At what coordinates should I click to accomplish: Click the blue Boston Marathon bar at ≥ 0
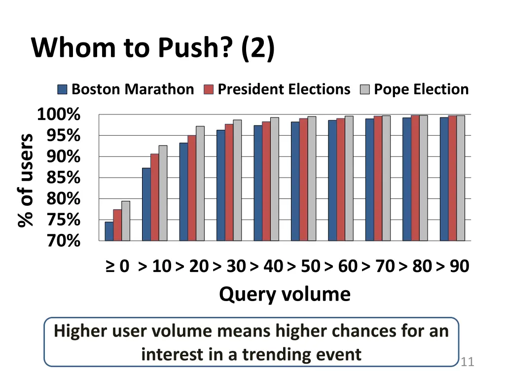click(x=109, y=231)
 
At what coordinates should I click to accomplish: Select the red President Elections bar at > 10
click(x=154, y=197)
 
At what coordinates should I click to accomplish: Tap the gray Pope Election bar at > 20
click(x=200, y=184)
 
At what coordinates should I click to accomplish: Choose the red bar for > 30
click(x=229, y=182)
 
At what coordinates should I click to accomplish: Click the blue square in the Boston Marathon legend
click(x=63, y=89)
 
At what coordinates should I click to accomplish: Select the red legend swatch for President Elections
click(x=209, y=89)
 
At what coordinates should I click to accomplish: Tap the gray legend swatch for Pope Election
click(x=365, y=89)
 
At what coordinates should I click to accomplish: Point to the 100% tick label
click(x=59, y=115)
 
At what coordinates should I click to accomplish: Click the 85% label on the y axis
click(x=63, y=178)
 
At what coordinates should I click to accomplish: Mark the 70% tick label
click(x=63, y=241)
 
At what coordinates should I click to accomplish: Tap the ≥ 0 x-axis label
click(x=117, y=266)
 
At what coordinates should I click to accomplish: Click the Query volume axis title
click(x=285, y=294)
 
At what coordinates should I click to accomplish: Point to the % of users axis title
click(x=26, y=180)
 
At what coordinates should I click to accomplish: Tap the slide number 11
click(x=467, y=363)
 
